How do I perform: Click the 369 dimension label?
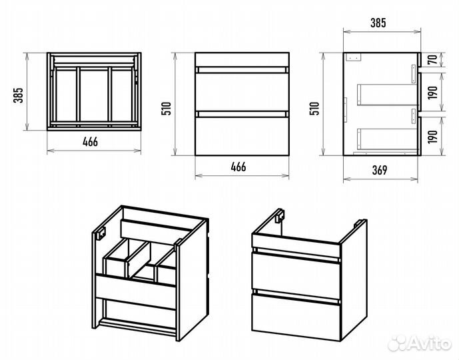click(x=380, y=169)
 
